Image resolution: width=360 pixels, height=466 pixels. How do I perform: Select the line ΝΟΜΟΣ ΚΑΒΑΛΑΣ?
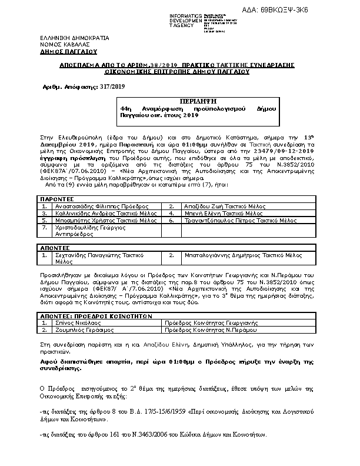coord(56,44)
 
